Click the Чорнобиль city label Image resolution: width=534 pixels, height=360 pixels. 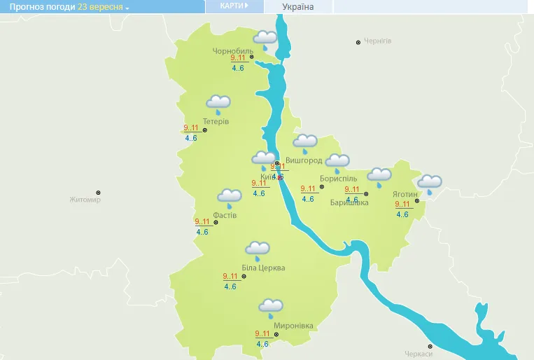234,51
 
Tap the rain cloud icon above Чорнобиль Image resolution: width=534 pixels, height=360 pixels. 265,38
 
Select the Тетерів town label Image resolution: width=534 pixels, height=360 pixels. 216,121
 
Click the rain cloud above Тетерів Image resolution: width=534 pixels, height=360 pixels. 218,104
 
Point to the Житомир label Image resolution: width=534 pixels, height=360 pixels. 85,200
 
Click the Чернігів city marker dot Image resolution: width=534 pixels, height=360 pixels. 358,42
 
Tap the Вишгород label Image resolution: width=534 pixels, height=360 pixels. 304,160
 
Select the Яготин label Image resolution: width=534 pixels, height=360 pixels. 405,194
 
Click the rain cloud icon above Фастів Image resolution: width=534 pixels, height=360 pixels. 230,197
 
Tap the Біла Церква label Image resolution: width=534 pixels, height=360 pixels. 263,268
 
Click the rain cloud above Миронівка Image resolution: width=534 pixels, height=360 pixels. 271,306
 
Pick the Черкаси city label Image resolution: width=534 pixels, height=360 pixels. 419,354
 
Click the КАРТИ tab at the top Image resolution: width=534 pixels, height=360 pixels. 234,6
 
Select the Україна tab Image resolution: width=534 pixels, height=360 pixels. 298,7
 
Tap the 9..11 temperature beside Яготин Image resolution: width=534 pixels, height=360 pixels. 402,205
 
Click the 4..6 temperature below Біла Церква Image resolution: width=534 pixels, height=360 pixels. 230,286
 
